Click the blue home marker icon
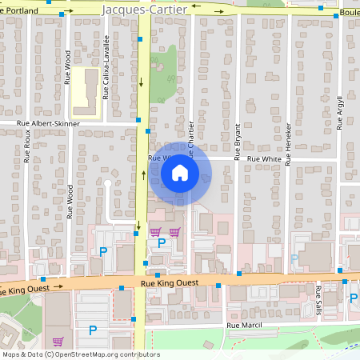180,172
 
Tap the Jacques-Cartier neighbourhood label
146,9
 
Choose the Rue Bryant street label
238,142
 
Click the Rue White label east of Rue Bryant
263,159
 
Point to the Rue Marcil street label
244,326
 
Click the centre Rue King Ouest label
168,282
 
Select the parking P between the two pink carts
162,242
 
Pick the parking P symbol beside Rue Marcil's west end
92,330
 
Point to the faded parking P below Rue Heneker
294,258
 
